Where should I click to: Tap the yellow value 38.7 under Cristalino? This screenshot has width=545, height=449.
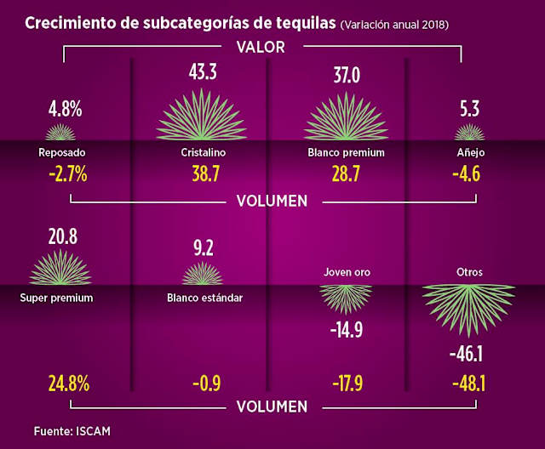(202, 174)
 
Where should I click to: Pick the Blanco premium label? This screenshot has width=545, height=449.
(346, 153)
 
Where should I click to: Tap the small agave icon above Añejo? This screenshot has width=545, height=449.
(469, 132)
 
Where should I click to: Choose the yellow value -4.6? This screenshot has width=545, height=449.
(469, 174)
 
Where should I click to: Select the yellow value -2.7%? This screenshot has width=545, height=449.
(64, 174)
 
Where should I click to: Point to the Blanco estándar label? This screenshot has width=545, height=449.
(204, 298)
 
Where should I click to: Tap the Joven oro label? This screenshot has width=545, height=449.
(346, 273)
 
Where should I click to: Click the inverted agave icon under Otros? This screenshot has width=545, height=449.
(469, 304)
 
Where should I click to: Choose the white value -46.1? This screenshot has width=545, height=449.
(469, 351)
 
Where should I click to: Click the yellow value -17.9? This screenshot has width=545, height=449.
(346, 383)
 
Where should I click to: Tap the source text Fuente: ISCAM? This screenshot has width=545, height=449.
(72, 431)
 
